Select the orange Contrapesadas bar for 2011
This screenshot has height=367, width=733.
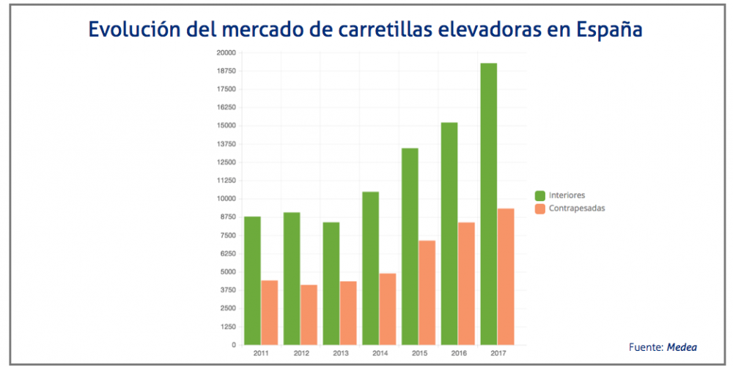[x=270, y=313]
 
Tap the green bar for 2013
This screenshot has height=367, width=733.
[x=331, y=283]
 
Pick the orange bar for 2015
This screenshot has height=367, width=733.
[x=427, y=293]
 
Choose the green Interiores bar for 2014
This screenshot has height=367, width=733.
[x=370, y=268]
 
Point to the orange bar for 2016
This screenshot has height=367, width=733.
[x=466, y=283]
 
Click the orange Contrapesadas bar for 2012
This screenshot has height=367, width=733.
[x=309, y=315]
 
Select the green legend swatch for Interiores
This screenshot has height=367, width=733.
[x=540, y=195]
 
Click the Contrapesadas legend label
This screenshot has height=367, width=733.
[x=577, y=208]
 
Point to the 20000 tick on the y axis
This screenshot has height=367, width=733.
[x=225, y=53]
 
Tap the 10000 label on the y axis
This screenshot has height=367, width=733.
[x=225, y=199]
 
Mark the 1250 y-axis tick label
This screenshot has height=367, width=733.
[x=227, y=327]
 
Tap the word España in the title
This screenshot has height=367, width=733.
[x=610, y=30]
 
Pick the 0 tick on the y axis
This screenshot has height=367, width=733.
[x=233, y=345]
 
